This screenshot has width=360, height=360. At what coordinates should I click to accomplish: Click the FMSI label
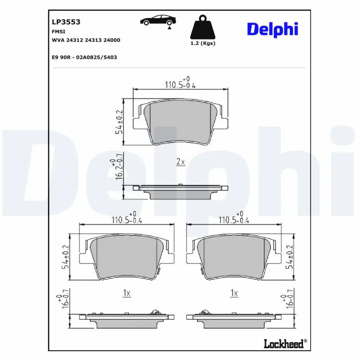tap(58, 31)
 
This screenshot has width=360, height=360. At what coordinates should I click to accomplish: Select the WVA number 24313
tap(92, 40)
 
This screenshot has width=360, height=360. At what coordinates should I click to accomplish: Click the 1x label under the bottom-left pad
tap(126, 293)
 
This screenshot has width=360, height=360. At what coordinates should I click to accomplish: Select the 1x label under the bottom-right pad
tap(234, 293)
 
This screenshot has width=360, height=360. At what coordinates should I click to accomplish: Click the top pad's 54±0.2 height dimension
tap(119, 122)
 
